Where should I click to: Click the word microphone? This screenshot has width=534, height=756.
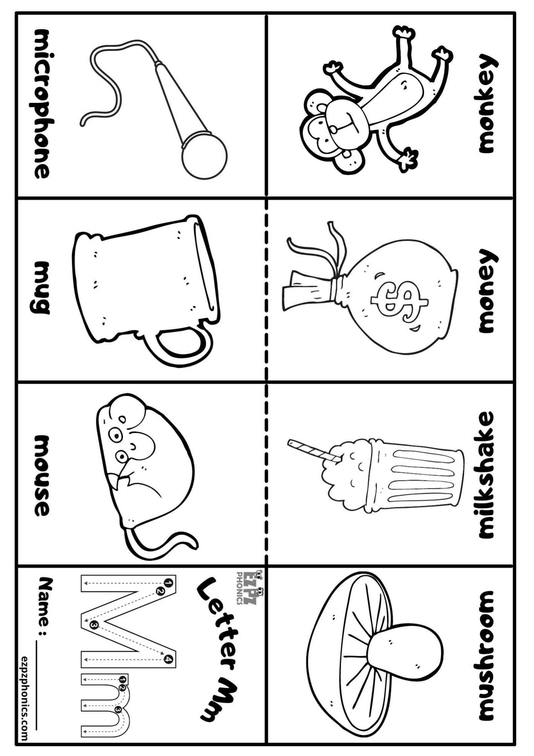pyautogui.click(x=42, y=104)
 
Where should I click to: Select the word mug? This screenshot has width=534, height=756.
pyautogui.click(x=42, y=287)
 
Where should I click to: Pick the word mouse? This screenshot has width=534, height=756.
pyautogui.click(x=42, y=476)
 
